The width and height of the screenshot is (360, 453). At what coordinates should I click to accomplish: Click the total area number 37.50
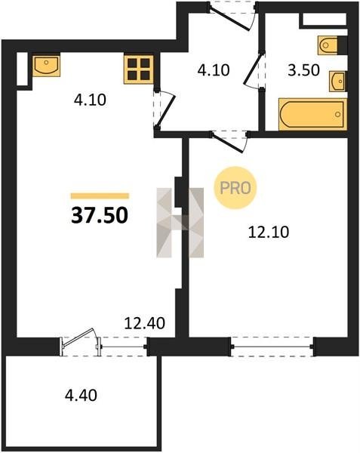pos(100,215)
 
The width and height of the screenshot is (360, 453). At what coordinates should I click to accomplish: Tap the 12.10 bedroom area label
pos(269,232)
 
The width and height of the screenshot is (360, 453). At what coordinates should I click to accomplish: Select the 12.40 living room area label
pos(144,323)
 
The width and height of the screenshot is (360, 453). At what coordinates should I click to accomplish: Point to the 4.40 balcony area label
pos(81,395)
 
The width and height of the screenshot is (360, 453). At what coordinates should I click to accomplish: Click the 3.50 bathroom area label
pos(303,70)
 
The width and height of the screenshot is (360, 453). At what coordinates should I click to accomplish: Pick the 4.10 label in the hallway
pos(214,70)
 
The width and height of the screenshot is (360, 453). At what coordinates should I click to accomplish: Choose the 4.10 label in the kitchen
pos(90,100)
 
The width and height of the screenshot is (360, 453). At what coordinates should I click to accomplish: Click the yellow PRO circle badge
pos(235,188)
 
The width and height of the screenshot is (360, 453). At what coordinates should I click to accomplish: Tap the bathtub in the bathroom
pos(312,114)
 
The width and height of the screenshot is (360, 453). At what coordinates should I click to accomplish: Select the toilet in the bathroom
pos(329,45)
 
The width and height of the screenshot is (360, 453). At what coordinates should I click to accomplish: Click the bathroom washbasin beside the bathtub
pos(338,82)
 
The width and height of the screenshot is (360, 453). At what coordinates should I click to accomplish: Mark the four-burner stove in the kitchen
pos(139,69)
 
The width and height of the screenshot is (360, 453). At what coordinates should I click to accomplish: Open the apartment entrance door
pos(232,17)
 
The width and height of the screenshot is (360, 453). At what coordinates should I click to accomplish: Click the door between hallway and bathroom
pos(254,69)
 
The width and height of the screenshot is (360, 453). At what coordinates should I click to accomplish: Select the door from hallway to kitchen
pos(165,109)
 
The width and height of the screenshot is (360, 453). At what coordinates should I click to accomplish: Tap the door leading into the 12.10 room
pos(230,142)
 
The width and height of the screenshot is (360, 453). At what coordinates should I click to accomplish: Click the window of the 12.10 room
pos(272,347)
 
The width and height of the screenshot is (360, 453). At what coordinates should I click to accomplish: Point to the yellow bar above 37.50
pos(100,196)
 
